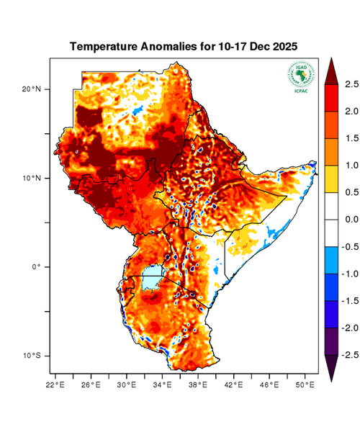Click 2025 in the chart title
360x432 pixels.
tap(282, 47)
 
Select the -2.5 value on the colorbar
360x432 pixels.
tap(350, 355)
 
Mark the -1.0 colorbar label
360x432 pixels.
tap(350, 274)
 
